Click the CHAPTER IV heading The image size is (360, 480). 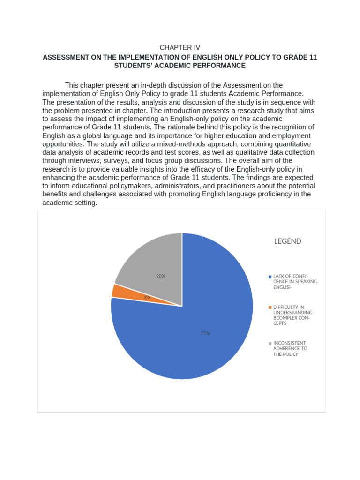pyautogui.click(x=180, y=48)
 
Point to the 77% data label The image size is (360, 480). pyautogui.click(x=205, y=333)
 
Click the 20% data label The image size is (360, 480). pyautogui.click(x=161, y=276)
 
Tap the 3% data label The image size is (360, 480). pyautogui.click(x=147, y=297)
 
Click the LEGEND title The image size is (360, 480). pyautogui.click(x=287, y=241)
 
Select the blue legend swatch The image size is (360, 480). pyautogui.click(x=270, y=277)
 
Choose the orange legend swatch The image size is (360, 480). pyautogui.click(x=270, y=307)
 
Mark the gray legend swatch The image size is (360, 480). pyautogui.click(x=270, y=344)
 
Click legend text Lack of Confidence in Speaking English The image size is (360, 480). pyautogui.click(x=295, y=282)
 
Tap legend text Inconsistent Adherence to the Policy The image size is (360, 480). pyautogui.click(x=291, y=349)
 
